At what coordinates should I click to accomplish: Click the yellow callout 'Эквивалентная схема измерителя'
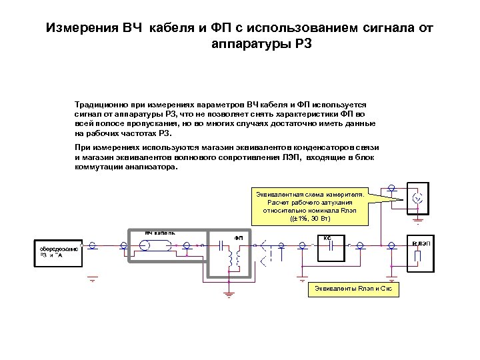(x=309, y=206)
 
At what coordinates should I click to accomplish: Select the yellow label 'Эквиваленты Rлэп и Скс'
(x=353, y=289)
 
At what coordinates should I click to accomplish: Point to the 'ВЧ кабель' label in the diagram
(x=160, y=233)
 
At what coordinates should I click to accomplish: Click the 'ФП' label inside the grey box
(x=238, y=237)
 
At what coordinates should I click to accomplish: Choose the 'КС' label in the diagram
(x=327, y=237)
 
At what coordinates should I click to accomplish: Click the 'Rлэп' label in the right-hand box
(x=421, y=244)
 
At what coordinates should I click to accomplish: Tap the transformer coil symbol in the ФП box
(x=232, y=259)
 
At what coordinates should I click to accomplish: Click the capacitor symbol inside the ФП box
(x=224, y=245)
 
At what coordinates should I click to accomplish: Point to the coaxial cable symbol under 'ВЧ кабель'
(x=157, y=245)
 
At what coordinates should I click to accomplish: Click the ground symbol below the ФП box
(x=229, y=291)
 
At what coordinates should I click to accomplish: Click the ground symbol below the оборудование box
(x=93, y=279)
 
